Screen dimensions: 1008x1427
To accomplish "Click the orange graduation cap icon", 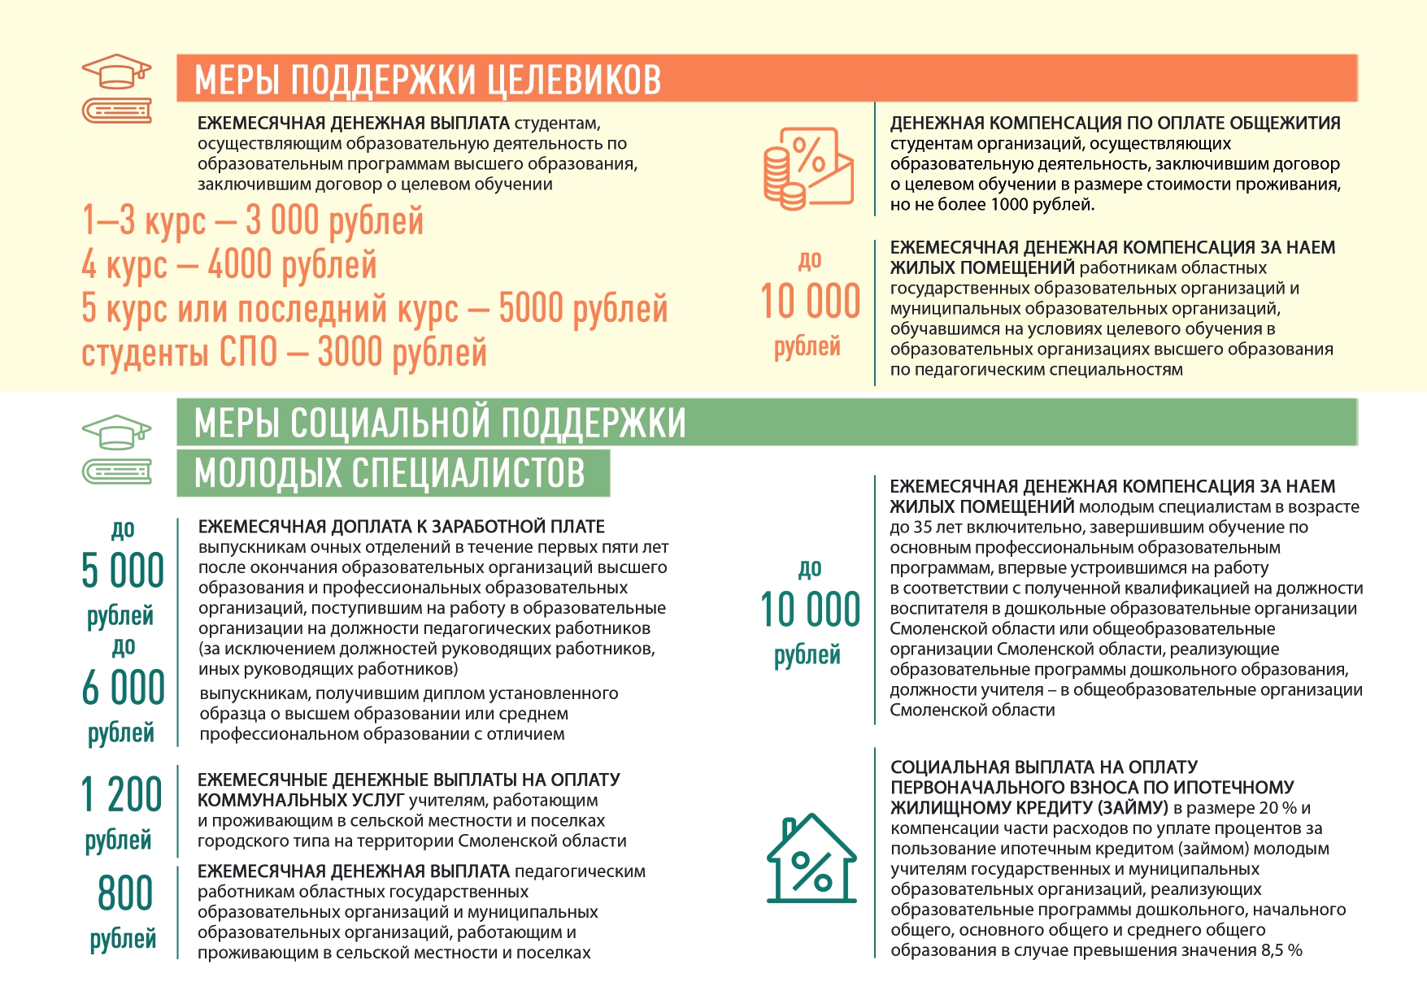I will (118, 72).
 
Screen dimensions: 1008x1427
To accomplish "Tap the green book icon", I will (117, 471).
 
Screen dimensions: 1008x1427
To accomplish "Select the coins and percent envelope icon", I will (807, 168).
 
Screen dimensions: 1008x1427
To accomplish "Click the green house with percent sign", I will (811, 858).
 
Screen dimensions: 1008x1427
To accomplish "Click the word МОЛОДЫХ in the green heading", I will (268, 473).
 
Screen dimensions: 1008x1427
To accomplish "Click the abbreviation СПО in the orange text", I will (249, 353).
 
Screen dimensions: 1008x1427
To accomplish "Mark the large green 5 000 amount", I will (123, 571).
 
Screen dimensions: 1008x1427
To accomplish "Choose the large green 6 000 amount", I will (123, 688).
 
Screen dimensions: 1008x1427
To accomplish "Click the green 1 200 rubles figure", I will (122, 795).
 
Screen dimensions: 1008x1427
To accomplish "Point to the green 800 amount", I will (125, 893).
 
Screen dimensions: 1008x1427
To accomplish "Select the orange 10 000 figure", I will (810, 302).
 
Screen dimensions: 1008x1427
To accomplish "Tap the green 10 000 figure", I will (810, 610).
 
